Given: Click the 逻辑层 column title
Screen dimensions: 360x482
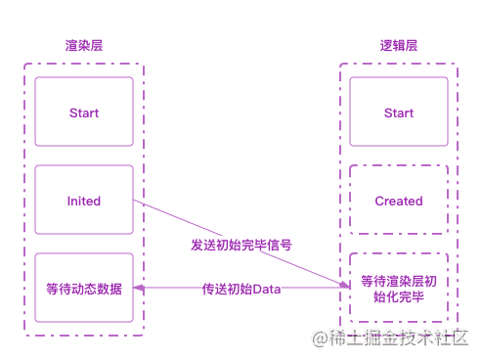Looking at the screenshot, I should pos(398,46).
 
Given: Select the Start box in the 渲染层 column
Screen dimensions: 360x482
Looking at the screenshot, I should pos(84,112).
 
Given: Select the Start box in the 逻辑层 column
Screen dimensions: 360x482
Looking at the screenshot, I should pos(399,112).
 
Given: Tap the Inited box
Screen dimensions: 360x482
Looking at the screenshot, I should pos(84,201).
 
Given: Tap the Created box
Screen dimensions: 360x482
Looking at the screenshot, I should pos(399,201).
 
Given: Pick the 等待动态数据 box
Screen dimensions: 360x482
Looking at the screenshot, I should pos(84,289).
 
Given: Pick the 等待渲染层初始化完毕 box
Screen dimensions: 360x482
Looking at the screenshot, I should pos(399,289).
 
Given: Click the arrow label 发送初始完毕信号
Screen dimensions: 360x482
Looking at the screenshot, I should pos(241,245).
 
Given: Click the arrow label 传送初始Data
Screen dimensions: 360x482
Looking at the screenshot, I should pos(241,290).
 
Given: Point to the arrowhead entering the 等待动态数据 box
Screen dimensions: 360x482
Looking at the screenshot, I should pos(138,289).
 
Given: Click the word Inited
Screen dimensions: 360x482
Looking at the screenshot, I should pos(84,201).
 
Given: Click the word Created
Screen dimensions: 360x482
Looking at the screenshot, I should pos(399,201).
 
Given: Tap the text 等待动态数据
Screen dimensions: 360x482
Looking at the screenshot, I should pos(84,289).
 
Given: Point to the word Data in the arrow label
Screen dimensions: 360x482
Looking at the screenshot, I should pos(267,290).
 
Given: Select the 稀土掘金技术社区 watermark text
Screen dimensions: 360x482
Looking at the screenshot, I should pos(404,337).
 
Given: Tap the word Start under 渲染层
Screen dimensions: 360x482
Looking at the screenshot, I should pos(84,112).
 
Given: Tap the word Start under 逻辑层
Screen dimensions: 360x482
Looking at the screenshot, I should pos(399,112).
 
